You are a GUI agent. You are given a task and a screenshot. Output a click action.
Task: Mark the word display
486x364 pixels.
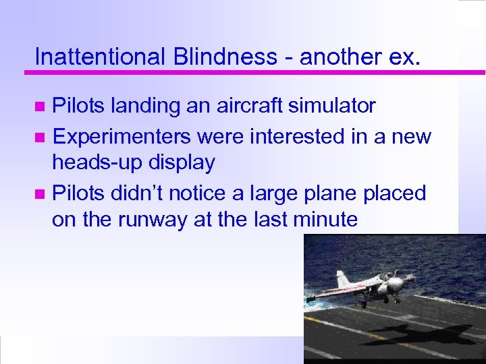pos(184,162)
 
